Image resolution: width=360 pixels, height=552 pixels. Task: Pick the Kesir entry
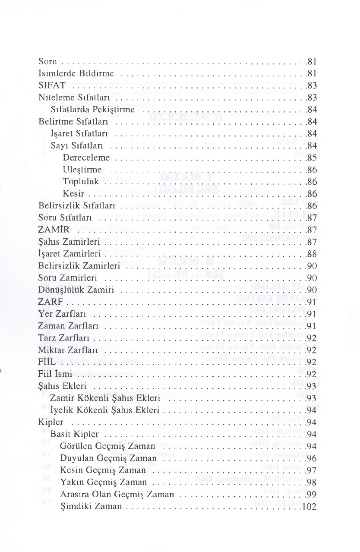click(72, 193)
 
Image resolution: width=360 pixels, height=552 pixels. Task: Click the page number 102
click(311, 506)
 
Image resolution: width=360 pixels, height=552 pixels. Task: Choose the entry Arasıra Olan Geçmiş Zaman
click(117, 494)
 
